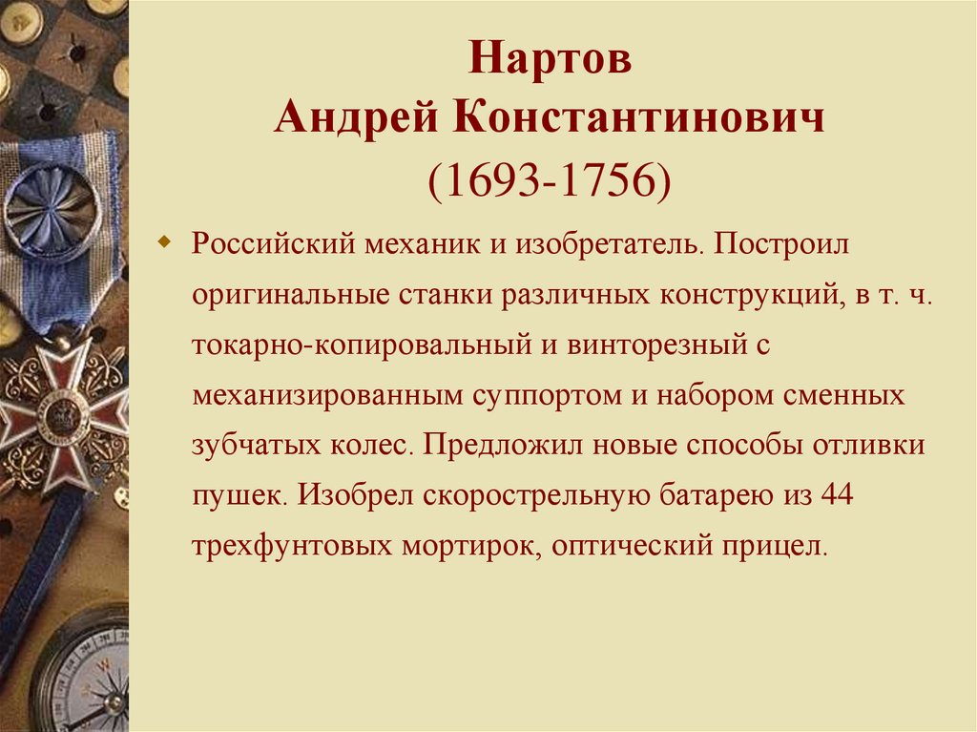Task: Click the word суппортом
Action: (x=544, y=394)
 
